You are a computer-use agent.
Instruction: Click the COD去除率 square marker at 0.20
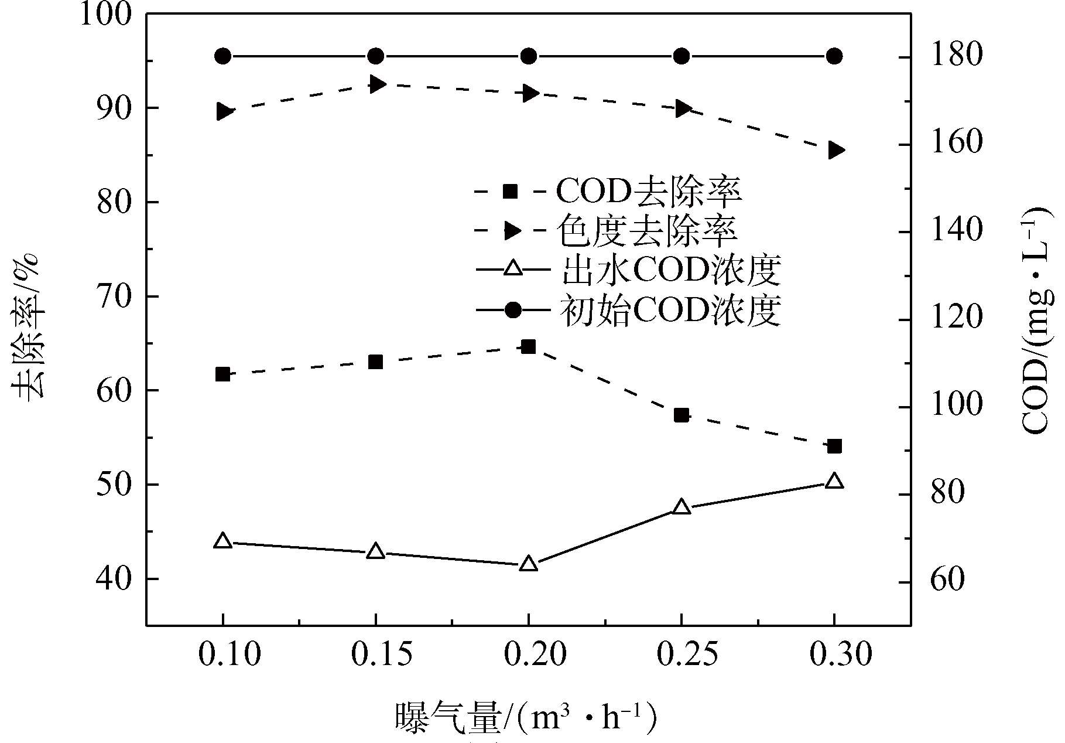pos(529,347)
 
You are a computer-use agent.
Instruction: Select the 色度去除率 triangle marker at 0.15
pos(376,84)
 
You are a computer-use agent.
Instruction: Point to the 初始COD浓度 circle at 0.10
pos(222,56)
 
